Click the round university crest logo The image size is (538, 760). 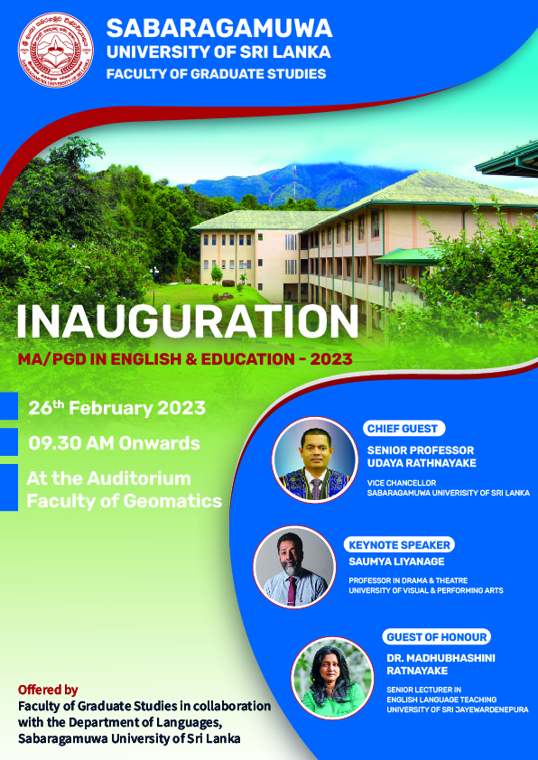(x=56, y=50)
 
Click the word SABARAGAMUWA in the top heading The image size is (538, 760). (x=219, y=28)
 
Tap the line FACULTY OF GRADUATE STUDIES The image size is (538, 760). (x=216, y=74)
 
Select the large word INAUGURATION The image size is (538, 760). (x=188, y=321)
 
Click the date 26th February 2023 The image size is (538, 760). (x=116, y=408)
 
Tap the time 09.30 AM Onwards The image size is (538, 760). (x=114, y=443)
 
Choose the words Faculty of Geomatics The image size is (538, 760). (x=124, y=500)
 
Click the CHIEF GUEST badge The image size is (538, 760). (x=403, y=429)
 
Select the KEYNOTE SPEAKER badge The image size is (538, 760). (x=399, y=545)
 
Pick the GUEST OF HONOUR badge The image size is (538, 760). (x=436, y=636)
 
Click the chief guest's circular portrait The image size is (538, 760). (x=315, y=459)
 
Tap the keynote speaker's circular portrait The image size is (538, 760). (x=294, y=567)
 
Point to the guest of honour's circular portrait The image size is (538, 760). (x=332, y=678)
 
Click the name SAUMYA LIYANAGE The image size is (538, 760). (x=396, y=561)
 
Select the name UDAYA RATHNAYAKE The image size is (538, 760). (x=422, y=463)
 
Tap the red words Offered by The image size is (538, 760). (x=48, y=690)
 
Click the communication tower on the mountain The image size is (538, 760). (x=294, y=182)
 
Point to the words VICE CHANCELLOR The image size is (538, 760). (x=394, y=483)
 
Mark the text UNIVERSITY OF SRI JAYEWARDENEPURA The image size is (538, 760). (x=458, y=709)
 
